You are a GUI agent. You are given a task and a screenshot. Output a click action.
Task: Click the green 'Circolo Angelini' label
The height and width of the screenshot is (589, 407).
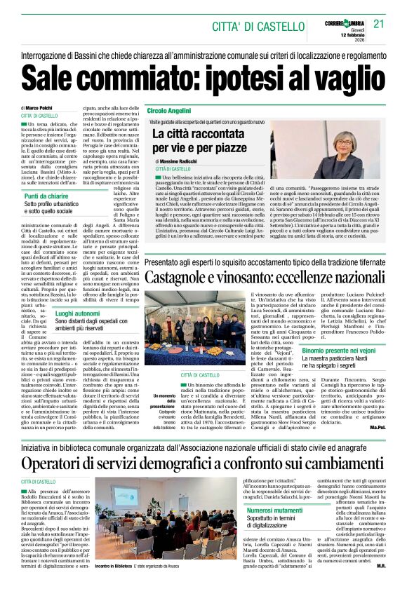pyautogui.click(x=168, y=111)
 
